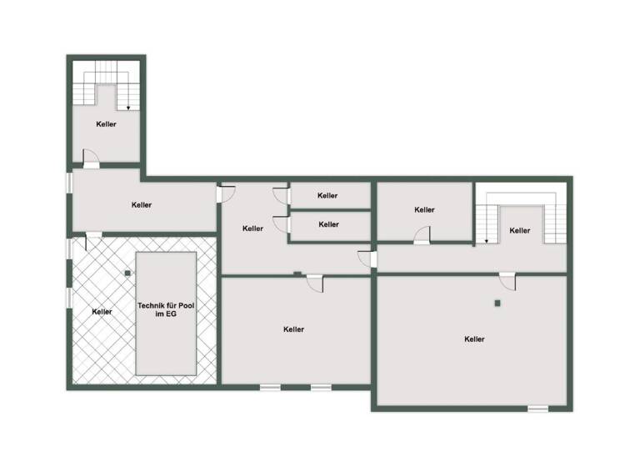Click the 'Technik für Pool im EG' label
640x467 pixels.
click(x=166, y=311)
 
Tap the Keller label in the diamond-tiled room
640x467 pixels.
click(x=102, y=312)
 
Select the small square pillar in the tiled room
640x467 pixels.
click(x=127, y=273)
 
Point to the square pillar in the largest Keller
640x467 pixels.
click(x=497, y=303)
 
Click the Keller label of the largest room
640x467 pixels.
click(x=475, y=339)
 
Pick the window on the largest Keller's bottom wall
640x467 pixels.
click(x=538, y=409)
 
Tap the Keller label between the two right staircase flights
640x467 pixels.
click(x=520, y=230)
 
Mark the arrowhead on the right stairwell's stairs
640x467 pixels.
click(x=486, y=242)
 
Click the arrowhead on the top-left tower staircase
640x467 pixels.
click(x=128, y=107)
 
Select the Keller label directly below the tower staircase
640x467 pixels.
click(x=106, y=124)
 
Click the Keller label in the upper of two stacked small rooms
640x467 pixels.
click(x=327, y=196)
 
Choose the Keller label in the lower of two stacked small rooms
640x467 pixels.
click(x=329, y=224)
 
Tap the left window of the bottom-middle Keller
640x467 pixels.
click(x=270, y=387)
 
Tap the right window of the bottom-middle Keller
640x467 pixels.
click(x=321, y=387)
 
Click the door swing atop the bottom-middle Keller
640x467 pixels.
click(x=315, y=284)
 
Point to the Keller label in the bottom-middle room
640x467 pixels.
click(x=293, y=329)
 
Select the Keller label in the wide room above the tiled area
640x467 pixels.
click(x=142, y=204)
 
